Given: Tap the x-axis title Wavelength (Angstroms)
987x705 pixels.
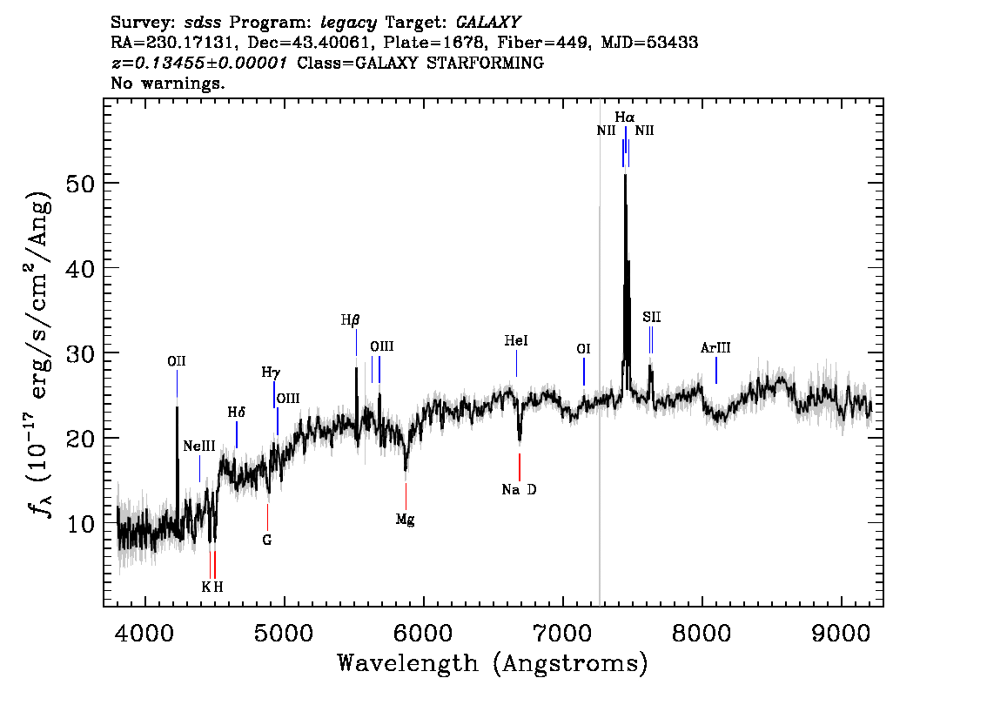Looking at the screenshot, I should (x=493, y=664).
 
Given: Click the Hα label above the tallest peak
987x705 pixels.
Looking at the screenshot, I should (x=624, y=117).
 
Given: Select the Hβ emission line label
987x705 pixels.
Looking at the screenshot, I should (x=350, y=320).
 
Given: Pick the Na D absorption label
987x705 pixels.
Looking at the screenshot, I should (x=519, y=490).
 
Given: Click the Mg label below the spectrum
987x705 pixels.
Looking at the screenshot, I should (x=405, y=520).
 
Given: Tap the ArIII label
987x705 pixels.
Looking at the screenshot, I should (x=715, y=348).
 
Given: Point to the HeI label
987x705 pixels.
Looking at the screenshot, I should (x=516, y=342).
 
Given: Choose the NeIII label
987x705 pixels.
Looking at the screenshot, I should (x=199, y=446).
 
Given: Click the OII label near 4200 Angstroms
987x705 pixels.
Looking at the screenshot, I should (x=177, y=360).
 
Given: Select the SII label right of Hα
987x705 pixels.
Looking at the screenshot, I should (x=652, y=317).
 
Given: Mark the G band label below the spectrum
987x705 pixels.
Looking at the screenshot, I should (x=267, y=540).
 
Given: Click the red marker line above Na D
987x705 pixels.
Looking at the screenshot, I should (x=520, y=467).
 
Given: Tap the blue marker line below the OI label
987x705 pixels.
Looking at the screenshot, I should (x=583, y=372).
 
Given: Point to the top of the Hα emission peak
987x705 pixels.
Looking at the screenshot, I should (x=625, y=176).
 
